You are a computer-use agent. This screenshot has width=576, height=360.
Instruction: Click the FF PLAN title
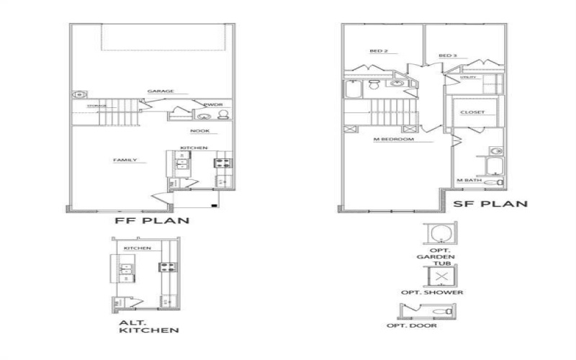click(152, 220)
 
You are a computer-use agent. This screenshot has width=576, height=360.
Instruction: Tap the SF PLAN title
click(490, 204)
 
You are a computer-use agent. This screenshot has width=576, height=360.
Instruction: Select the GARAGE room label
click(161, 91)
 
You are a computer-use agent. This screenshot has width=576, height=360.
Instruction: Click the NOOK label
click(199, 131)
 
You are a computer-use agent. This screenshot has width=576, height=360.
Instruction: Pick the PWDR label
click(213, 105)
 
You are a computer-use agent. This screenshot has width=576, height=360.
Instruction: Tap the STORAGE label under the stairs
click(96, 106)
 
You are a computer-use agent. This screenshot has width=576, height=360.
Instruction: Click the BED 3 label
click(448, 55)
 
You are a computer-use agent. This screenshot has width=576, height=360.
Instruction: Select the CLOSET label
click(472, 112)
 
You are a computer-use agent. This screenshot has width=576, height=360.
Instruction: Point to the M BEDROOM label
click(393, 139)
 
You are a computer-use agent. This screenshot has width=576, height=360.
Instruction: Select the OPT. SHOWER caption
click(441, 292)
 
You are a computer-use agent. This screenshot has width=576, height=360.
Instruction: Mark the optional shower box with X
click(442, 276)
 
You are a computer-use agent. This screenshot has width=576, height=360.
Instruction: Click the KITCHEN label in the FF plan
click(194, 148)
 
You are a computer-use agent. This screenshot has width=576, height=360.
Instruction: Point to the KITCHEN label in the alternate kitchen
click(138, 248)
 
